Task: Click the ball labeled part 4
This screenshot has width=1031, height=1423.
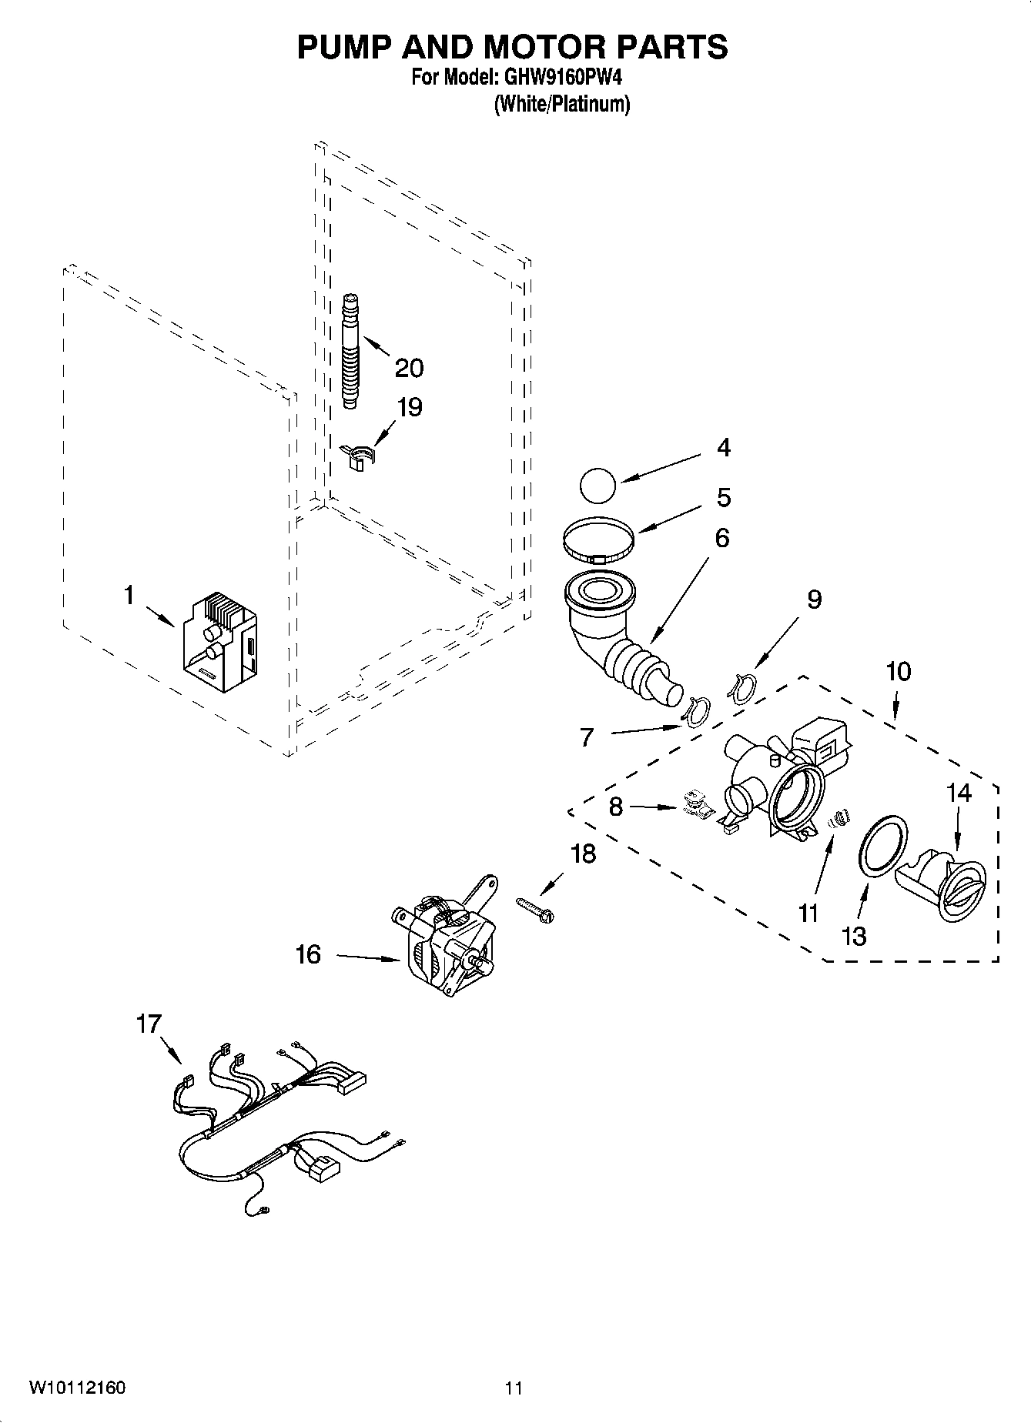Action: pyautogui.click(x=598, y=487)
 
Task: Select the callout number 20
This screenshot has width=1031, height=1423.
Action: pyautogui.click(x=409, y=368)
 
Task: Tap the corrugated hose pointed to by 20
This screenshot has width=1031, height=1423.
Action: pyautogui.click(x=351, y=350)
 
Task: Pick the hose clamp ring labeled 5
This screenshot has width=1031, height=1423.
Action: pyautogui.click(x=599, y=537)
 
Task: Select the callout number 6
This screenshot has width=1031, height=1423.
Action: pyautogui.click(x=721, y=537)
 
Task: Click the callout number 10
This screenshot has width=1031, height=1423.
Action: pyautogui.click(x=898, y=671)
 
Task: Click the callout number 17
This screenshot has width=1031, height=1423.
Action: pyautogui.click(x=149, y=1024)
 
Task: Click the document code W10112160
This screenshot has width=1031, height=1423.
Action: pyautogui.click(x=78, y=1388)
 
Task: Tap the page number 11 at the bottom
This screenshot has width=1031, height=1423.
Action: pyautogui.click(x=514, y=1388)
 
